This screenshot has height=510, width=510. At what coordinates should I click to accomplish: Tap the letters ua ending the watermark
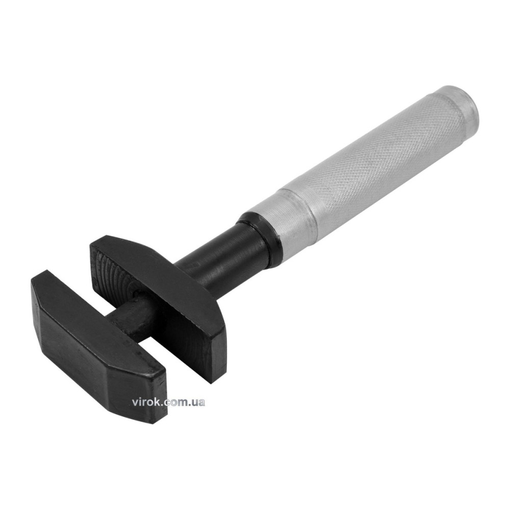click(x=199, y=403)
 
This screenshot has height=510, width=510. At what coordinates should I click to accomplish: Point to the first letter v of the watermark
click(x=135, y=403)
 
